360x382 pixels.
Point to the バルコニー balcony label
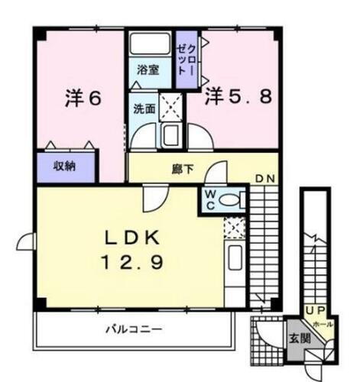(133, 330)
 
